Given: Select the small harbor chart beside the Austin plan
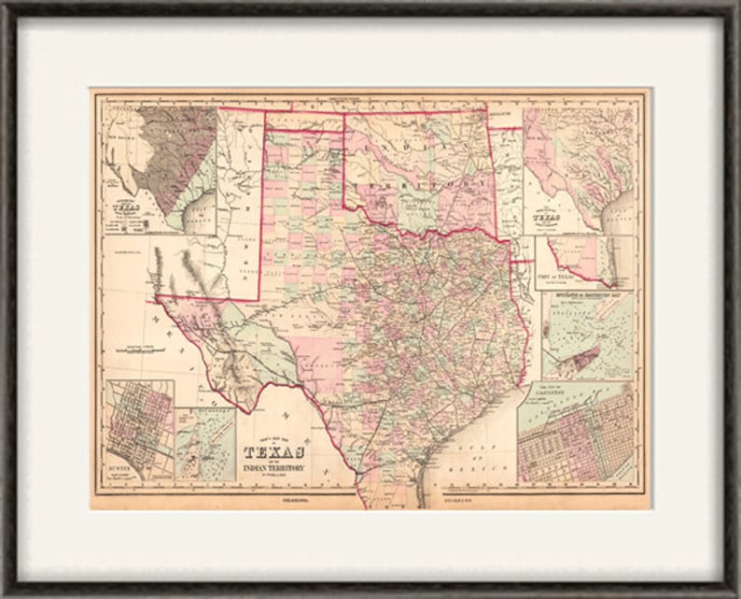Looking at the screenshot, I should [x=204, y=444].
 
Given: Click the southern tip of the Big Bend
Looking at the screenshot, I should [x=247, y=410].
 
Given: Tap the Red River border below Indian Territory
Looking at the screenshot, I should [x=429, y=224].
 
